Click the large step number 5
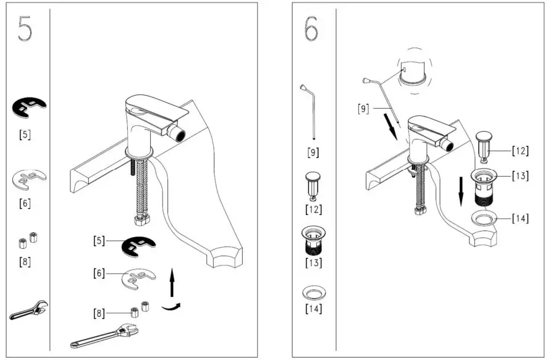(25, 28)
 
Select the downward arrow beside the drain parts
(462, 192)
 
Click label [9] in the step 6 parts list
(313, 151)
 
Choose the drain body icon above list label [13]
(313, 240)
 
